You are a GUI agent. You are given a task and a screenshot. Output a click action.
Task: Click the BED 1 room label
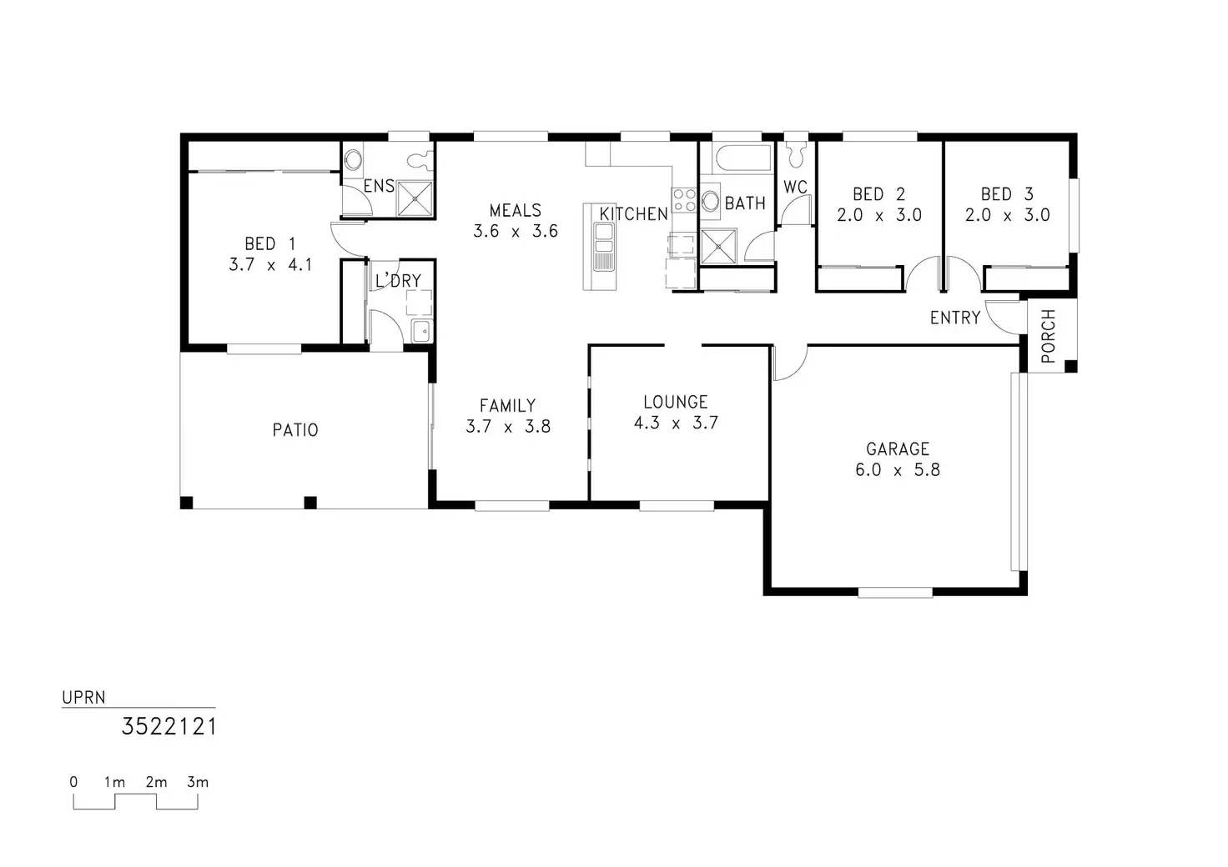coord(269,243)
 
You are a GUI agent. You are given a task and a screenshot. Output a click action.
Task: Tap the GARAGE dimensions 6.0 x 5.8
coord(897,470)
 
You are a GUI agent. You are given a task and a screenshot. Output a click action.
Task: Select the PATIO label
coord(295,430)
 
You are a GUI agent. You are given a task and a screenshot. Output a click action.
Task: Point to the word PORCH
coord(1049,336)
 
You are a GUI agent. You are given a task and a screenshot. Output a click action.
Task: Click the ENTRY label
coord(955,318)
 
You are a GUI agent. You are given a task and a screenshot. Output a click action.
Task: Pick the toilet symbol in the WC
coord(796,153)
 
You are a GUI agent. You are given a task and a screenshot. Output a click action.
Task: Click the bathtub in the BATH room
coord(737,158)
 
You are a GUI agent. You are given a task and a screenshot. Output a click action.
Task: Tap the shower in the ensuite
coord(415,198)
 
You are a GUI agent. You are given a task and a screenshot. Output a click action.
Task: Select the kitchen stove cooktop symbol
coord(685,200)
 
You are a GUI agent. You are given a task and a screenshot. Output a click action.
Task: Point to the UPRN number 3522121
coord(169,727)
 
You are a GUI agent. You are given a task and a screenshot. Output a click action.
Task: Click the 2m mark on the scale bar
coord(156,782)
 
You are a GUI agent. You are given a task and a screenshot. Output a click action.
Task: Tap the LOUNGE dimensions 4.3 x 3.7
coord(676,423)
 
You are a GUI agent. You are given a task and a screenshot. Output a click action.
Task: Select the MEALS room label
coord(515,210)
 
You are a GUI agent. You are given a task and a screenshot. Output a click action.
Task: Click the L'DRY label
coord(398,281)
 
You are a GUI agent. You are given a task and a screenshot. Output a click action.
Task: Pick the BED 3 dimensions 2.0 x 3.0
coord(1007,215)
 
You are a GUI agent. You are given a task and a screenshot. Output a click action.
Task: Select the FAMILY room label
coord(507,406)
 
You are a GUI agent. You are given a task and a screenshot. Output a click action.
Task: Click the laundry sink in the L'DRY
coord(421,331)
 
